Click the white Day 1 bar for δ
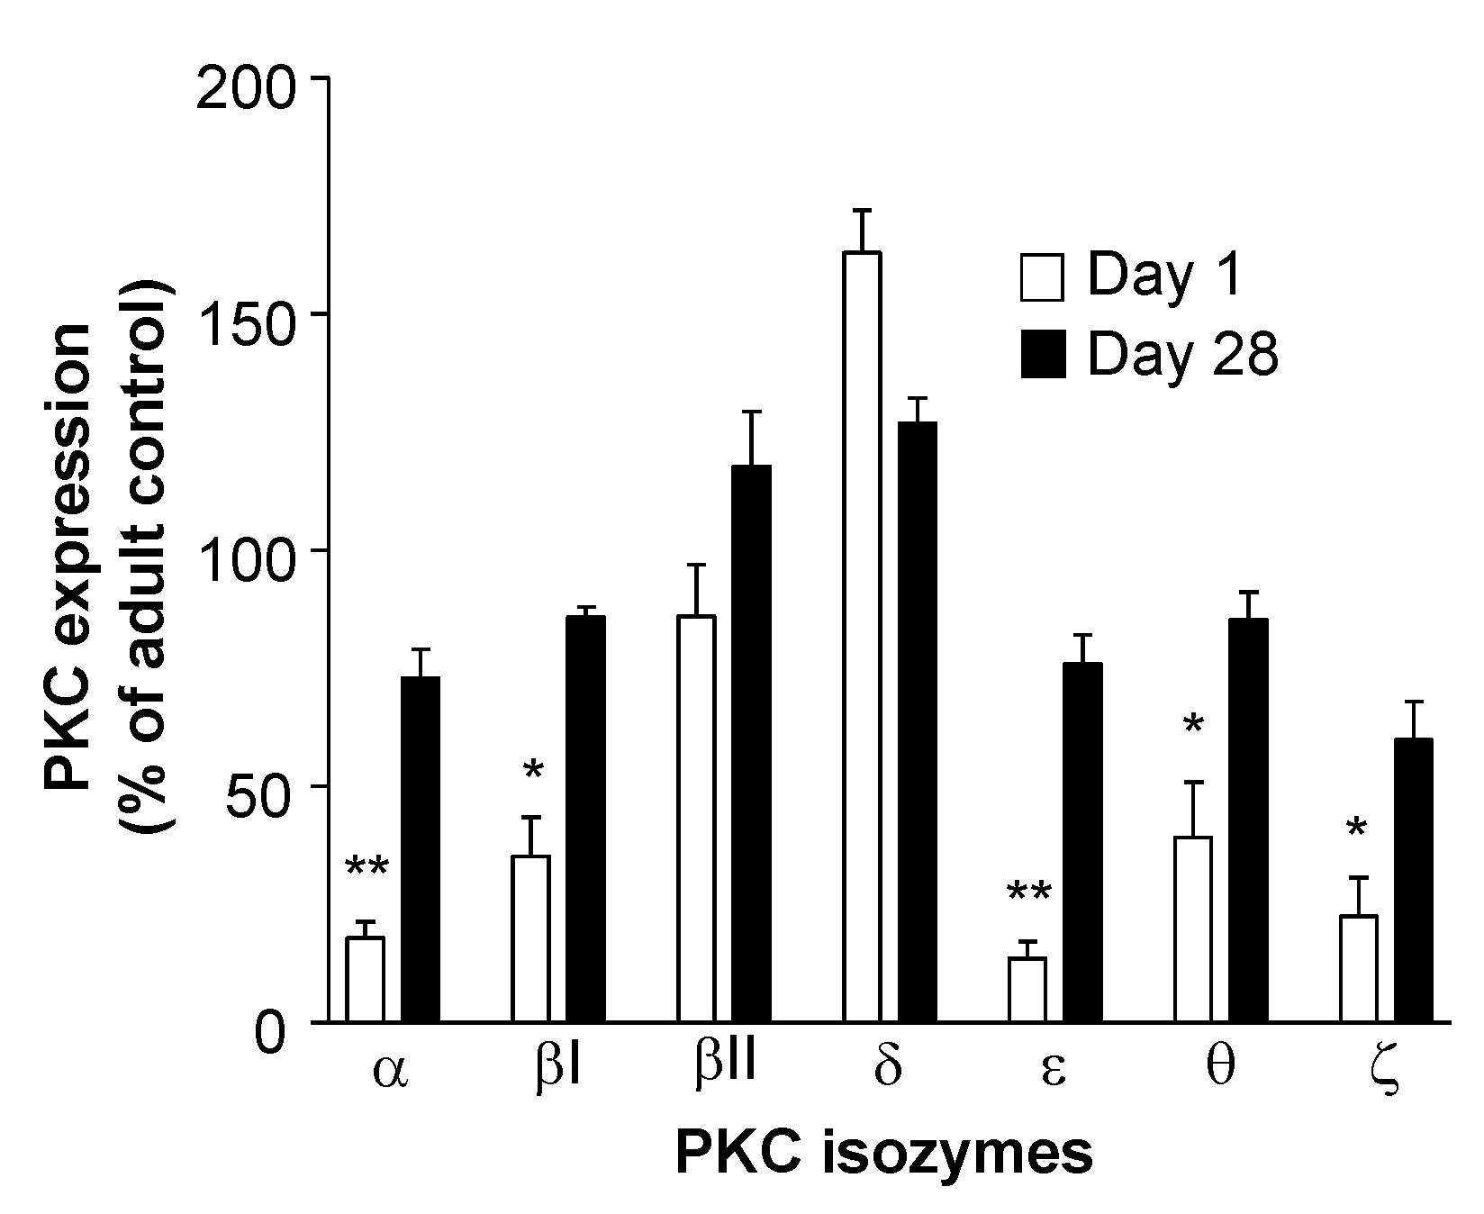click(x=862, y=637)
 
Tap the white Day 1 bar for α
click(x=365, y=979)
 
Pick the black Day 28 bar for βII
click(x=751, y=743)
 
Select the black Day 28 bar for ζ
click(x=1413, y=880)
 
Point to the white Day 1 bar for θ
click(x=1193, y=929)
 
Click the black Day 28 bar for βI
click(x=585, y=819)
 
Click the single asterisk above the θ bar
click(x=1193, y=726)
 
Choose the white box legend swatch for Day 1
click(x=1042, y=276)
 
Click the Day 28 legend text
click(x=1182, y=355)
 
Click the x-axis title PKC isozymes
click(x=883, y=1154)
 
